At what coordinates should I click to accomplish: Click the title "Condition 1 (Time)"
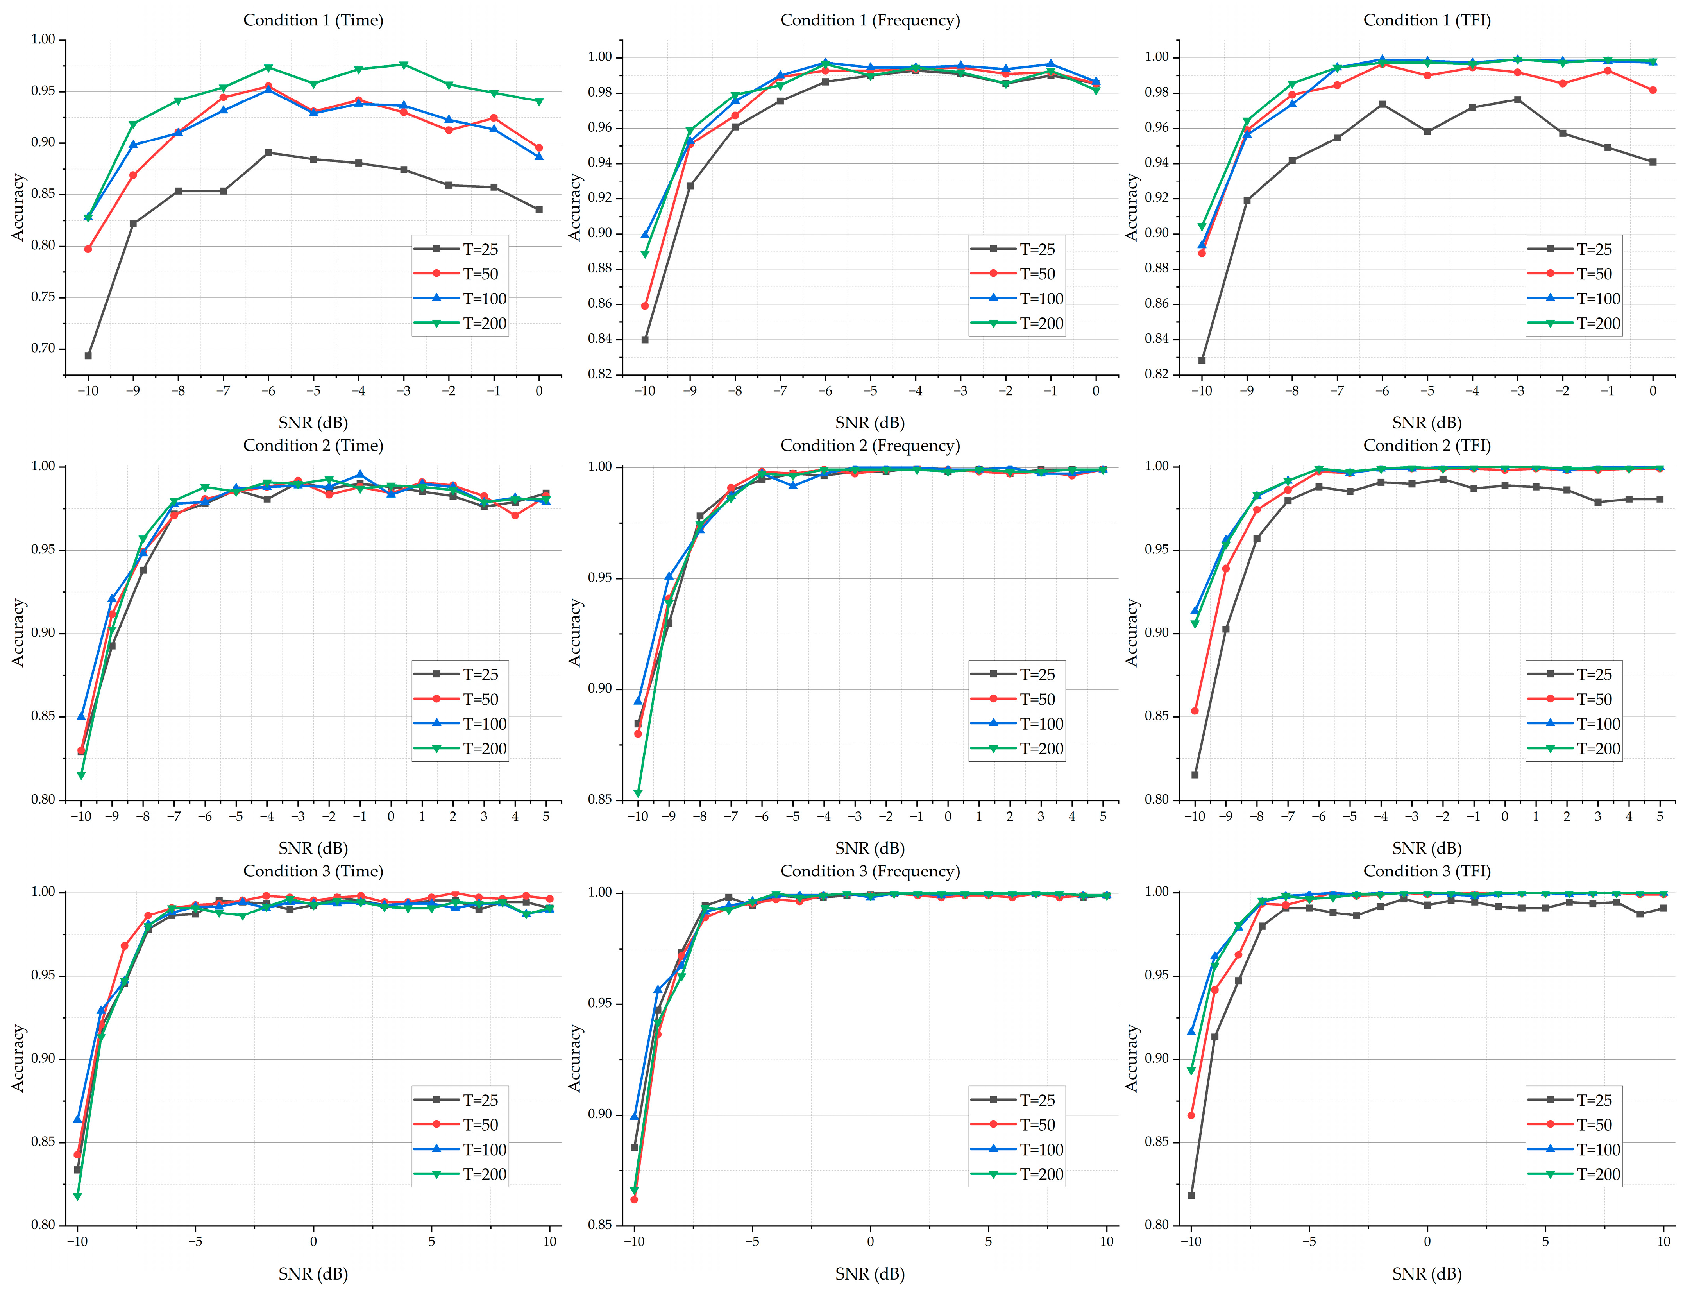point(313,20)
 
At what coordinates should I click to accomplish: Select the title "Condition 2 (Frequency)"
point(870,446)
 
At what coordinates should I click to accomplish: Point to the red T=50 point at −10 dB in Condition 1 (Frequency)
point(645,306)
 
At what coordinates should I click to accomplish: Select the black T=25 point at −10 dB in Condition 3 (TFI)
point(1191,1196)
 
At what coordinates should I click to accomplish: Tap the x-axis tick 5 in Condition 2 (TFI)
point(1660,816)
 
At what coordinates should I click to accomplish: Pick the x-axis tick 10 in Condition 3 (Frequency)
point(1107,1242)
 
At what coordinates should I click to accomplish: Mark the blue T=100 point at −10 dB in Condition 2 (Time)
point(81,716)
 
